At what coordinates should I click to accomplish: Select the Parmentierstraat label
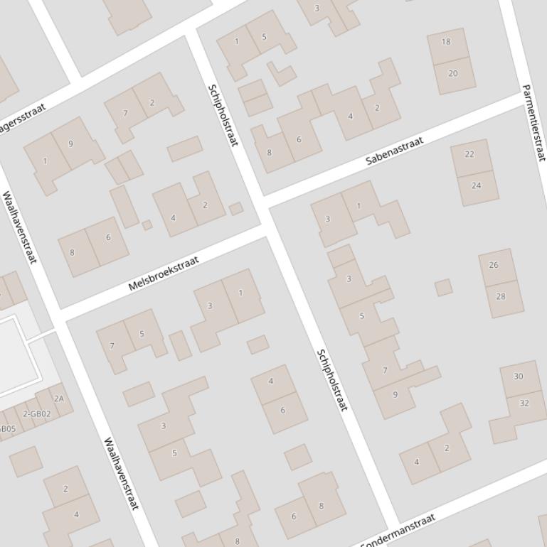click(x=533, y=122)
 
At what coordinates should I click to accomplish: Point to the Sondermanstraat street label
click(x=398, y=531)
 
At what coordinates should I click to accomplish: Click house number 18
click(x=446, y=41)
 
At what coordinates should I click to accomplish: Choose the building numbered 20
click(x=453, y=73)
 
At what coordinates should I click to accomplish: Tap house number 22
click(x=469, y=154)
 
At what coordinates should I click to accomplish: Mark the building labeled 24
click(x=476, y=185)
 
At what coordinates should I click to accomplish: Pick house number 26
click(x=494, y=264)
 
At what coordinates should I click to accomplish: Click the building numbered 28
click(x=501, y=296)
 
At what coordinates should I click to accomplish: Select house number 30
click(x=518, y=377)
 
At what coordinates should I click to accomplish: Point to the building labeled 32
click(x=524, y=403)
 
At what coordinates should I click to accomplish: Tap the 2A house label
click(x=59, y=399)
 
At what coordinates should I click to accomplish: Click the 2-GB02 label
click(x=36, y=413)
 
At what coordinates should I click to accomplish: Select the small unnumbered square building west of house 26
click(x=443, y=287)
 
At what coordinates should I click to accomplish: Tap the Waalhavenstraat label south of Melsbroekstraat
click(x=121, y=473)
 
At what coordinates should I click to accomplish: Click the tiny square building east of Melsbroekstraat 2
click(x=236, y=209)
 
